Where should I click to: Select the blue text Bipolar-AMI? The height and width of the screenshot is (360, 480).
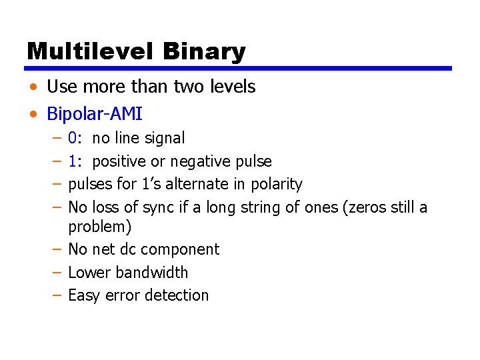94,114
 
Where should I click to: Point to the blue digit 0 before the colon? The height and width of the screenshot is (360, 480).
72,139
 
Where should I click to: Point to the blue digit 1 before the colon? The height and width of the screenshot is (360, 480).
72,161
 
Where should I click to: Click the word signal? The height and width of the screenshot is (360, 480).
166,139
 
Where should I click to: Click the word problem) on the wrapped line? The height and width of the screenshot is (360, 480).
100,227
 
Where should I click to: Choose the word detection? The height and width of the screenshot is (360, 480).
175,295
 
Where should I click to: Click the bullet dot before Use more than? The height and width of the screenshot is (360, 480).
33,87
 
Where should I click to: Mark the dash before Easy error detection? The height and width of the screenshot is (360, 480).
57,295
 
